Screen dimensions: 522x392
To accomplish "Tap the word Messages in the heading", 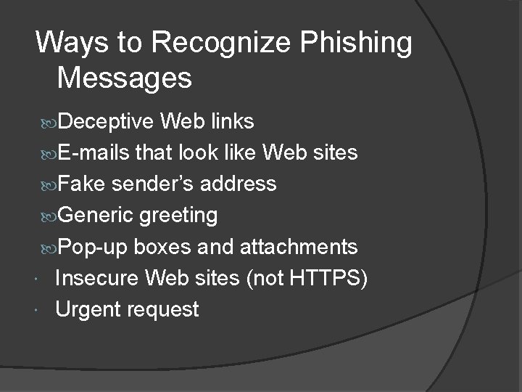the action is tap(124, 78).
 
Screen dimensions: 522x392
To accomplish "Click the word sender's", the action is tap(150, 184).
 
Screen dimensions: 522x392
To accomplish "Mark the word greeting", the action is tap(178, 216).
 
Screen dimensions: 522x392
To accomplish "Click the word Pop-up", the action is tap(91, 247).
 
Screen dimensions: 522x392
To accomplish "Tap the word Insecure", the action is tap(98, 278).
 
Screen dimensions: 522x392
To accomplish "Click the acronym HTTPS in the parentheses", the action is tap(323, 278).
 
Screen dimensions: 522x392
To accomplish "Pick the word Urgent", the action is tap(88, 310).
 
